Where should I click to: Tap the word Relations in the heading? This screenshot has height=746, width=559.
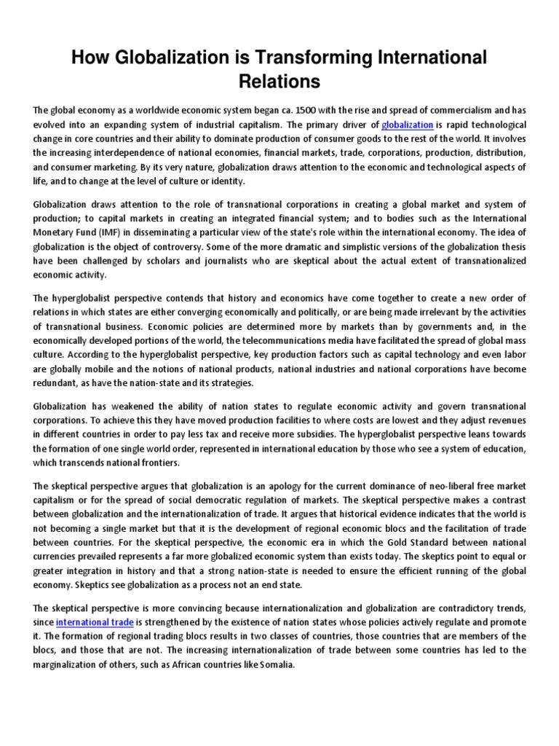click(279, 82)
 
